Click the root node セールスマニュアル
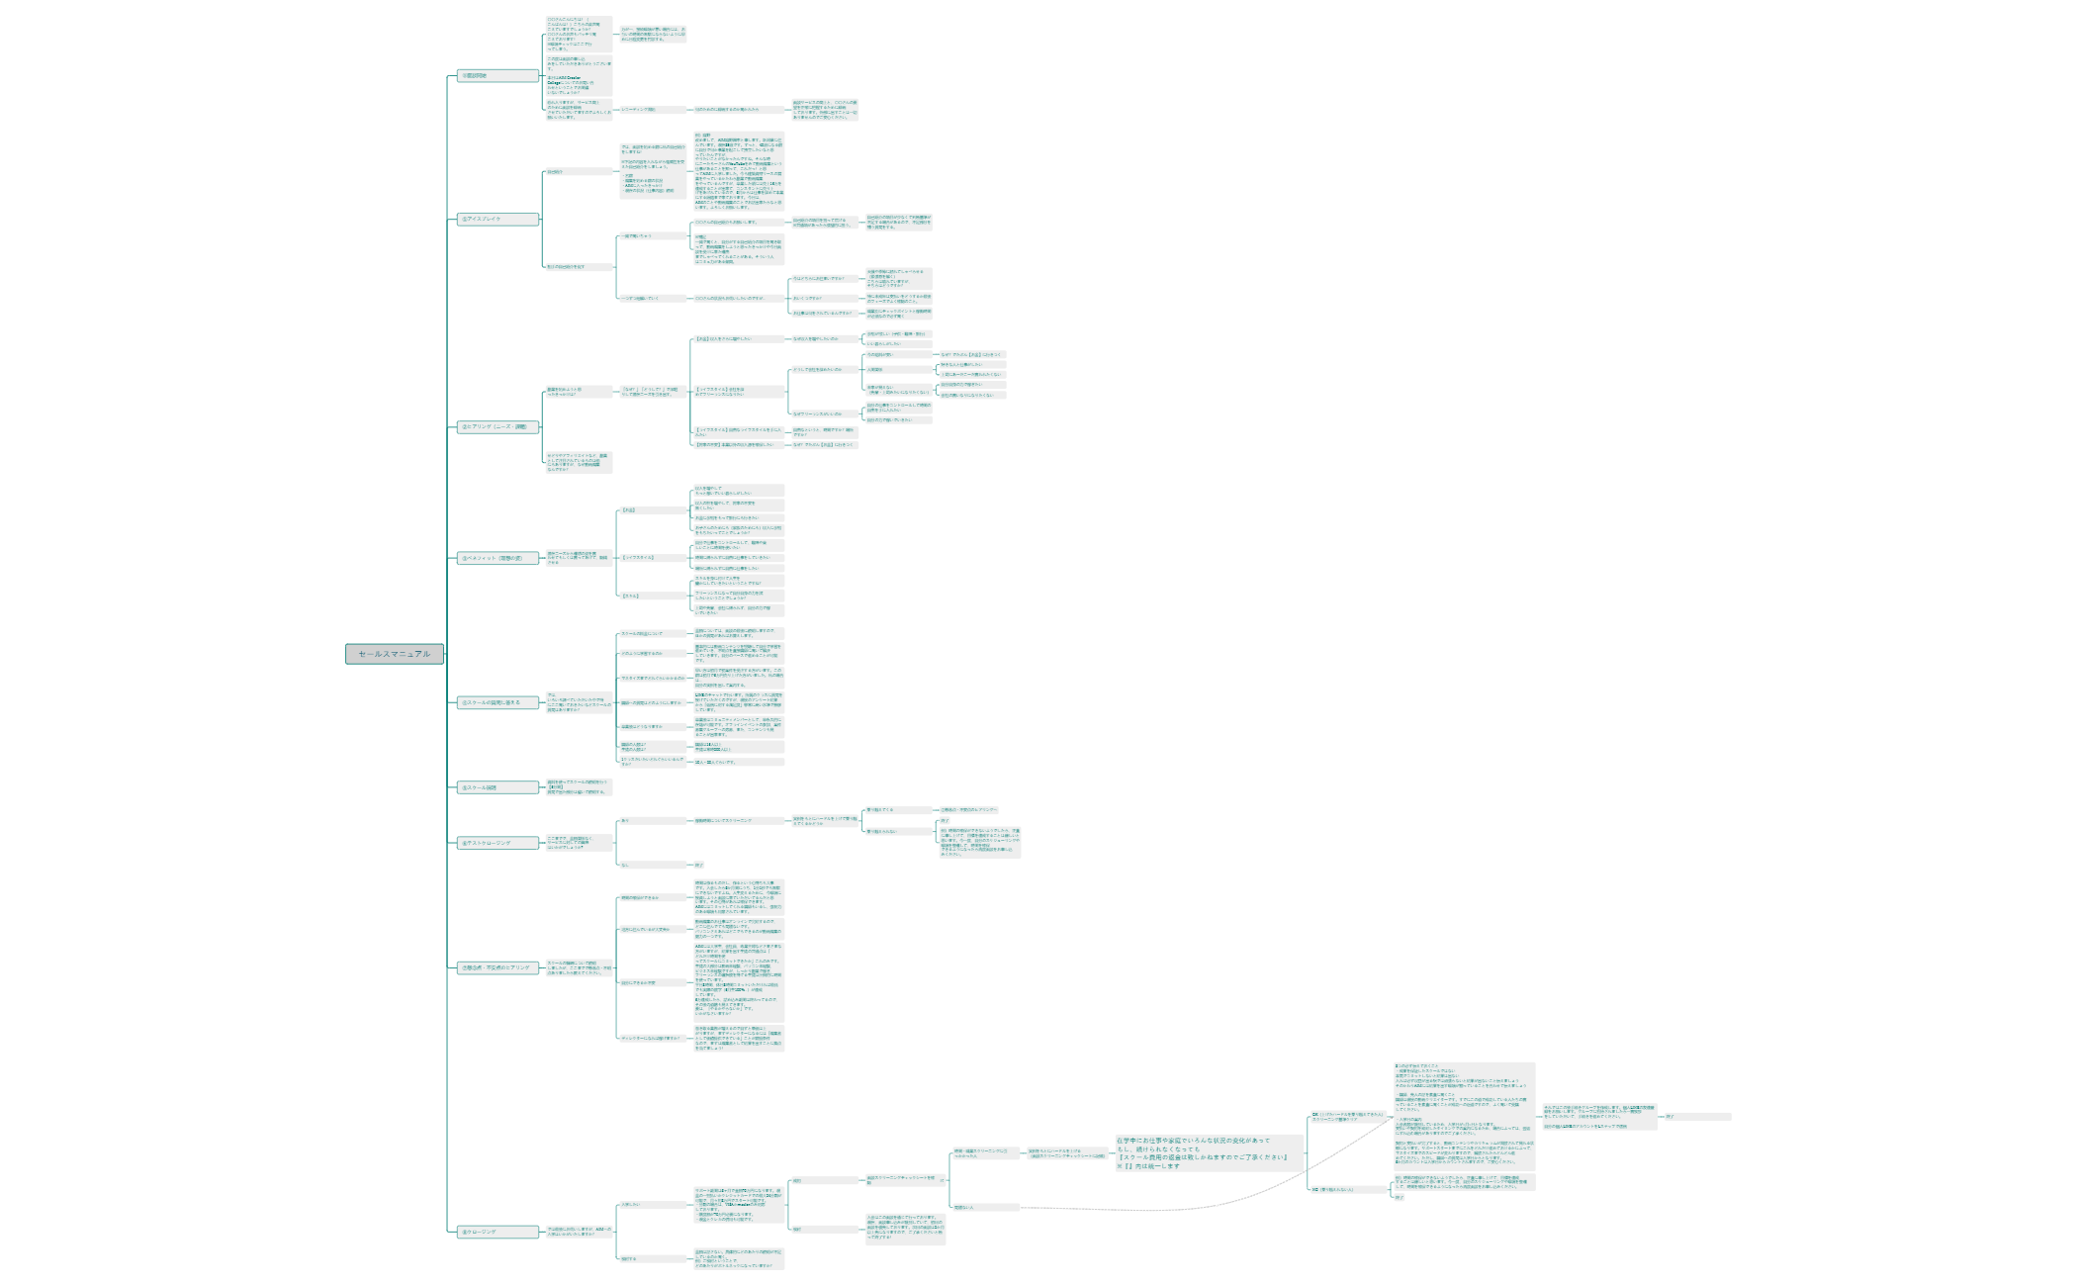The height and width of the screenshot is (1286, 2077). [394, 654]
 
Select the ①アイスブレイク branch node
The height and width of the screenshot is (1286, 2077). [497, 219]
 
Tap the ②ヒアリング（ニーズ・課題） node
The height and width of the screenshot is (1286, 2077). [497, 427]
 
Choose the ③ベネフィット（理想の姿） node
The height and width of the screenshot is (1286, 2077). [497, 558]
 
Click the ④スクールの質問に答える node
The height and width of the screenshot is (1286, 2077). [497, 702]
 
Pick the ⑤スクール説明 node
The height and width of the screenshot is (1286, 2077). [497, 787]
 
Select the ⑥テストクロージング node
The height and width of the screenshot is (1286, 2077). [497, 843]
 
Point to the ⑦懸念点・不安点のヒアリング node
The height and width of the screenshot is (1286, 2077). [497, 967]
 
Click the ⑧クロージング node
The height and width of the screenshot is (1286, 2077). [497, 1232]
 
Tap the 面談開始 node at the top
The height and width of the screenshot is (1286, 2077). [497, 75]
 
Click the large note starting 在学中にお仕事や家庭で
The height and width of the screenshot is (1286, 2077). [1208, 1153]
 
